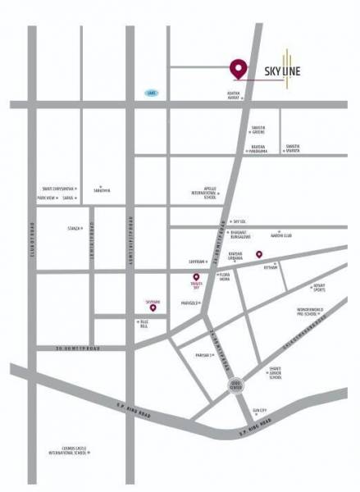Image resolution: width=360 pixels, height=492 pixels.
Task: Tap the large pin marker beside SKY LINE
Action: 239,69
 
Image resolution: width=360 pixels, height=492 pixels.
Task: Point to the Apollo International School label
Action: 203,193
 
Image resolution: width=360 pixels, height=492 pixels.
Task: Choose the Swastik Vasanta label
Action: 292,149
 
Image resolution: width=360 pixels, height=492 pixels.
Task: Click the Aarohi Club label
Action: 282,236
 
